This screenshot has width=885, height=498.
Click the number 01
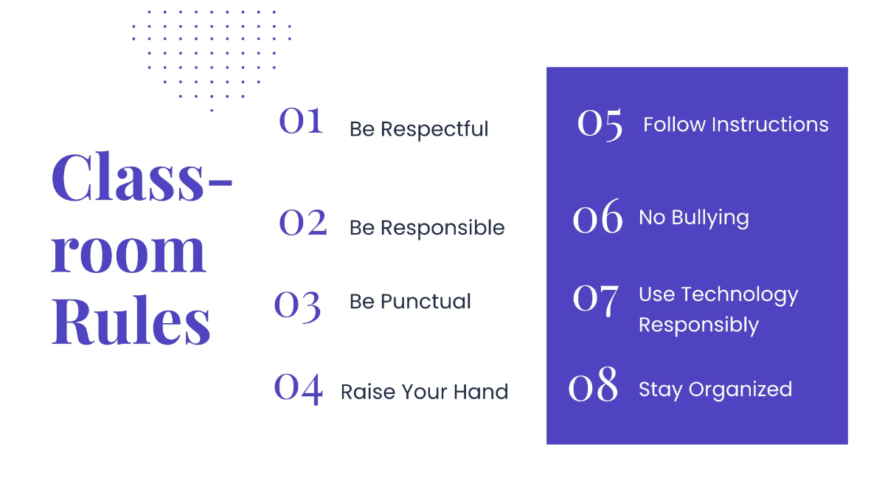coord(301,121)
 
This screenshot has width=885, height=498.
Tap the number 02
coord(303,222)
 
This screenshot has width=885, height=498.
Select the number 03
coord(298,305)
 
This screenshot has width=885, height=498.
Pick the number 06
coord(598,218)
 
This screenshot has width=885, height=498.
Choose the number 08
coord(594,385)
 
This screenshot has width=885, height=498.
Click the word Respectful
coord(434,129)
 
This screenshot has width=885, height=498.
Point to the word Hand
coord(481,392)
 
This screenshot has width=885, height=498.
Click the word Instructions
coord(769,125)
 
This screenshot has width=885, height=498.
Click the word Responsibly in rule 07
coord(698,325)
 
